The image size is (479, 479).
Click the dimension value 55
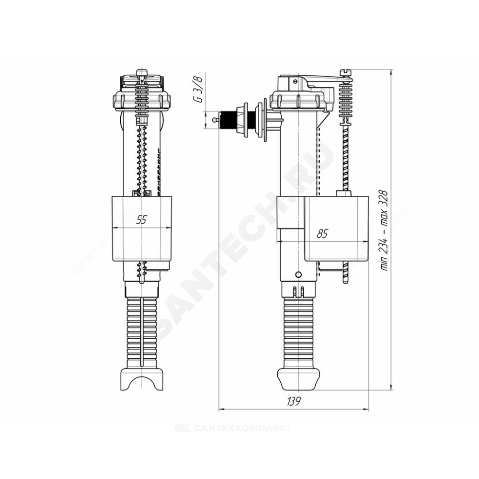pyautogui.click(x=141, y=220)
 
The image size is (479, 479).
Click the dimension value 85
pyautogui.click(x=322, y=233)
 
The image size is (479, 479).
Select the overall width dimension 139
pyautogui.click(x=294, y=401)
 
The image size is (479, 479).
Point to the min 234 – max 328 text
pyautogui.click(x=384, y=230)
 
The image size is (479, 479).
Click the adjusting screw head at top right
pyautogui.click(x=346, y=73)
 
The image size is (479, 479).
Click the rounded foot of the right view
pyautogui.click(x=298, y=379)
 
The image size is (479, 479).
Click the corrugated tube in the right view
pyautogui.click(x=298, y=333)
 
